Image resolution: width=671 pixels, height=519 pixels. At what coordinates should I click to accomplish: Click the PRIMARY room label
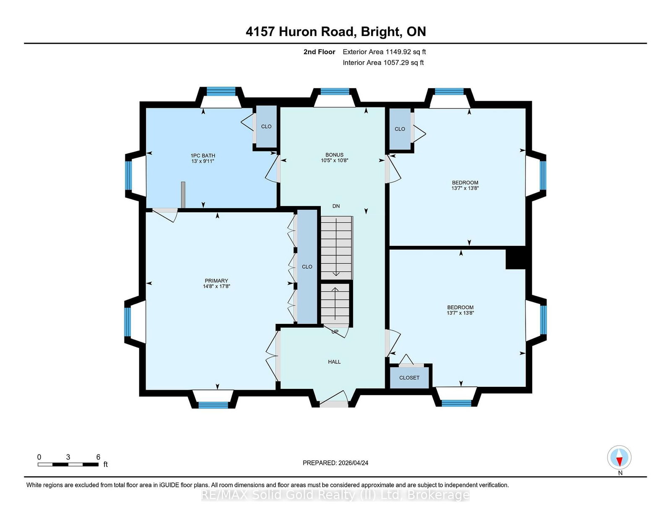pyautogui.click(x=216, y=281)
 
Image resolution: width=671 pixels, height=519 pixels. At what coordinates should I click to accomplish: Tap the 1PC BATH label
pyautogui.click(x=203, y=155)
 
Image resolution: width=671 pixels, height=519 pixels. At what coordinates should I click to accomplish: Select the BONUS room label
pyautogui.click(x=334, y=155)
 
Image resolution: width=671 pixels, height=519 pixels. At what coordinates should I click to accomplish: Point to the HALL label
pyautogui.click(x=334, y=362)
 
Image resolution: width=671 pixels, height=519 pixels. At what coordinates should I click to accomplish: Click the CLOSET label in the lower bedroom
pyautogui.click(x=409, y=378)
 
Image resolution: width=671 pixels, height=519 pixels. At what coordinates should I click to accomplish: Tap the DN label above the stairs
pyautogui.click(x=336, y=206)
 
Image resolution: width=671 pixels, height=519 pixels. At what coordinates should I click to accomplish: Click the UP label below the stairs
pyautogui.click(x=335, y=332)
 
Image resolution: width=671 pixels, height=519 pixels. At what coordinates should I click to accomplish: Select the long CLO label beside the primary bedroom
pyautogui.click(x=307, y=266)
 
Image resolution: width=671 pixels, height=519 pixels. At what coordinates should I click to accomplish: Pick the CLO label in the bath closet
pyautogui.click(x=266, y=126)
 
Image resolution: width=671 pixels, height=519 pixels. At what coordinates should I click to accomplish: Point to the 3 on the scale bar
pyautogui.click(x=68, y=457)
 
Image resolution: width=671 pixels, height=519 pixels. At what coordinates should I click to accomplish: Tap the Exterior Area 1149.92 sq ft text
pyautogui.click(x=384, y=52)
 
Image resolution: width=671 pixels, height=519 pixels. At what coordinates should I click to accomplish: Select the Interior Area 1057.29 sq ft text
pyautogui.click(x=383, y=63)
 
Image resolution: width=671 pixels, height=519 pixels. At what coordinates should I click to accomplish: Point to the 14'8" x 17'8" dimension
pyautogui.click(x=216, y=287)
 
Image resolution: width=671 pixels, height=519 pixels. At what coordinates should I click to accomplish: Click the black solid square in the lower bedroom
pyautogui.click(x=515, y=258)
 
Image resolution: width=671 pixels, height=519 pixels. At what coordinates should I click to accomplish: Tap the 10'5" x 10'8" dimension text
pyautogui.click(x=334, y=160)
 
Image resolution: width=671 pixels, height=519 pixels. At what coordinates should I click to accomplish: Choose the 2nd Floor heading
pyautogui.click(x=319, y=52)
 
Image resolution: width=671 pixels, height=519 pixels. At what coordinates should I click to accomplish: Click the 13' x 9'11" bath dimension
pyautogui.click(x=203, y=161)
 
